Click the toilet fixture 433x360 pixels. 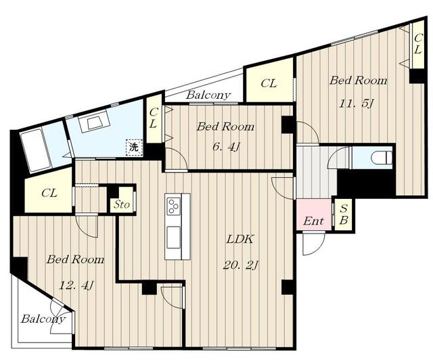[382, 158]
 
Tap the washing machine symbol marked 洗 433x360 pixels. [134, 147]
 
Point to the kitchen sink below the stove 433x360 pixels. [174, 237]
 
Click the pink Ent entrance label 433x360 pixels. [313, 221]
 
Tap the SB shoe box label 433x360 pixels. [344, 214]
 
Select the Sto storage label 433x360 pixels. [122, 205]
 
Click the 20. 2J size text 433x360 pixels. [240, 266]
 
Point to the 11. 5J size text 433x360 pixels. [357, 104]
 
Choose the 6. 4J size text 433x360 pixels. [225, 147]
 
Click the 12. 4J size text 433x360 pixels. [76, 285]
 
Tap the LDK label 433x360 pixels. [240, 240]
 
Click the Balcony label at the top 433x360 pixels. [208, 95]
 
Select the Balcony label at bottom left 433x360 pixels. [43, 319]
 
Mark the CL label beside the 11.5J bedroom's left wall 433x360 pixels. [269, 83]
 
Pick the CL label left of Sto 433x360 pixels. [49, 193]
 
